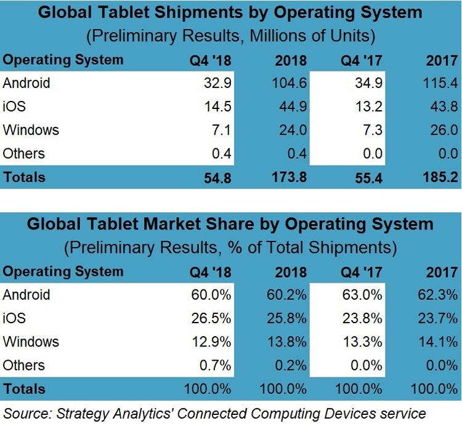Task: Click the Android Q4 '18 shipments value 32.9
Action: coord(217,82)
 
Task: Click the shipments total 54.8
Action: coord(217,177)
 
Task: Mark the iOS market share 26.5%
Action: coord(213,318)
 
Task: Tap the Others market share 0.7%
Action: coord(216,365)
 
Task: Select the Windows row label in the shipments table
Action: coord(31,130)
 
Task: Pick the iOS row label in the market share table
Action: coord(14,318)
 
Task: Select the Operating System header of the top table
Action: coord(63,60)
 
